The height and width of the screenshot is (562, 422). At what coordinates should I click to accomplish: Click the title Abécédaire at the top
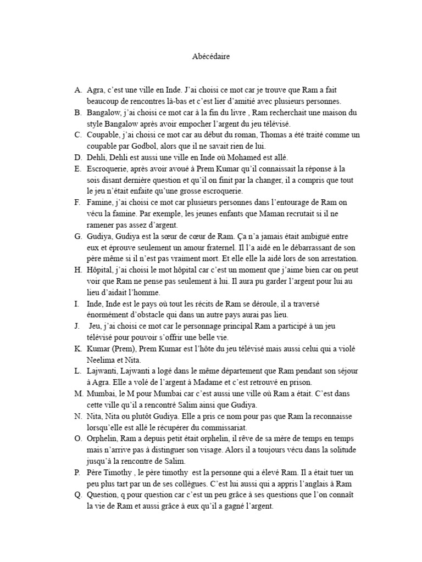click(211, 57)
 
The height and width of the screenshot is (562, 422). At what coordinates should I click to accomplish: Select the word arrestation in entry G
click(336, 258)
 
